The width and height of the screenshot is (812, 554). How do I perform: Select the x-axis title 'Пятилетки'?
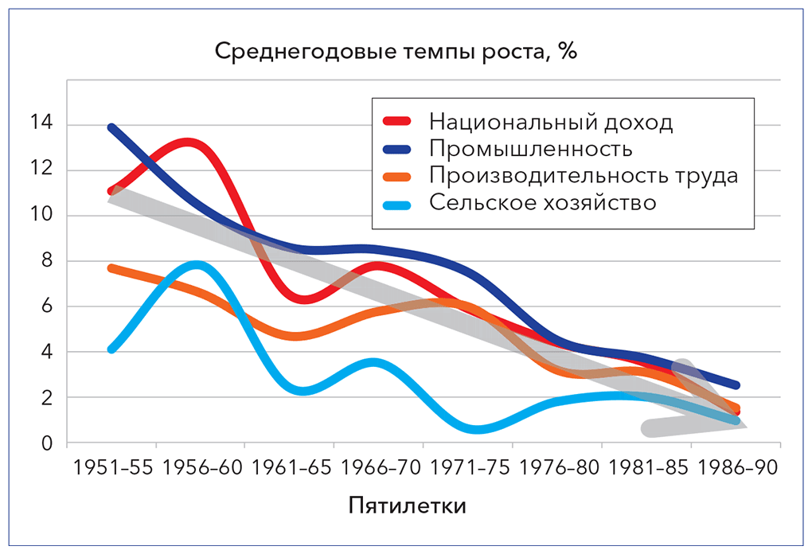coord(407,506)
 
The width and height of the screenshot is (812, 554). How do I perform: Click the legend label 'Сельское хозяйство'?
coord(542,202)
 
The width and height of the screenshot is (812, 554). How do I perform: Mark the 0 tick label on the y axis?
coord(47,443)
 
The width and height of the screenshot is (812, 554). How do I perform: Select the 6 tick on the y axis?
coord(47,306)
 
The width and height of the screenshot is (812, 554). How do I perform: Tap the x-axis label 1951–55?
coord(112,468)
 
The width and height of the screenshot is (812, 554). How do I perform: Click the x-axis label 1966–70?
coord(379,468)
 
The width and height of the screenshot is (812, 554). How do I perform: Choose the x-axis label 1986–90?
coord(735,468)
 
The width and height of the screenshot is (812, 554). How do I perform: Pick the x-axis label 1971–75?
coord(468,468)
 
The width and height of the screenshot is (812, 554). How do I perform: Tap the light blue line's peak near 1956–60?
coord(196,264)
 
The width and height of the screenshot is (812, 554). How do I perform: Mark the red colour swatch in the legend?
coord(397,122)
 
